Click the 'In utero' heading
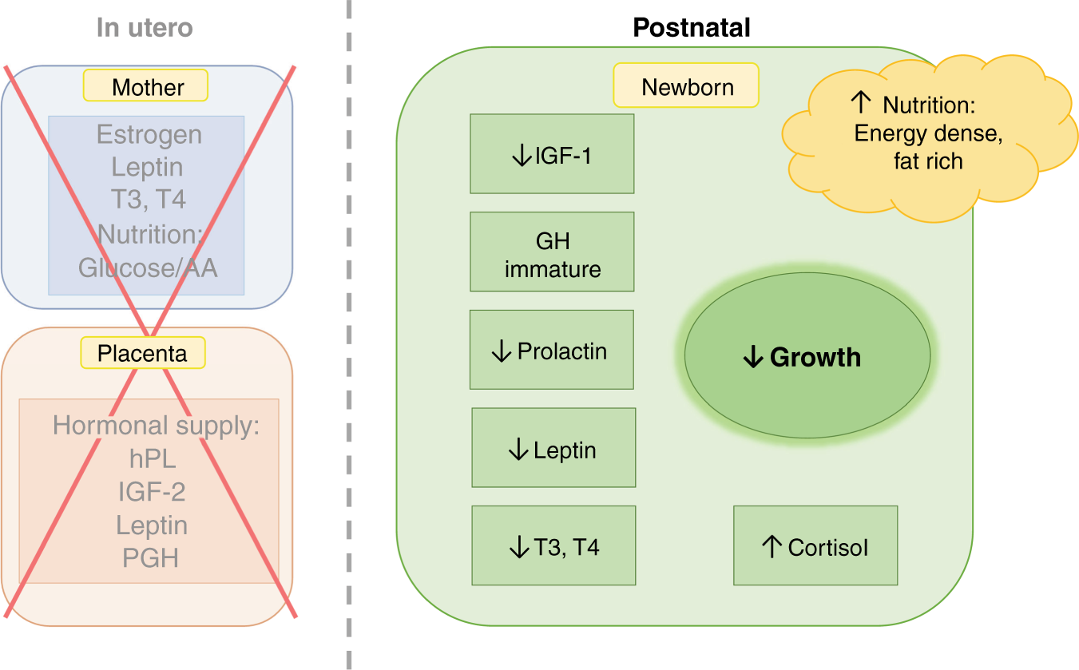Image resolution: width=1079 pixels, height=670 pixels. click(x=145, y=28)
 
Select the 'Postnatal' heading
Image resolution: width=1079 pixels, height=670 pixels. click(x=691, y=28)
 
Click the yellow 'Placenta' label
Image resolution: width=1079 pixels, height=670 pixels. click(x=143, y=352)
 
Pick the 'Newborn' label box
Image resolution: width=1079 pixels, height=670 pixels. click(x=686, y=86)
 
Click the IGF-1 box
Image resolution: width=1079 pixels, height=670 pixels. click(x=552, y=154)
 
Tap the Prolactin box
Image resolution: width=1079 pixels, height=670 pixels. click(x=552, y=351)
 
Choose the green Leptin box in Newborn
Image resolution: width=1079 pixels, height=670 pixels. click(x=553, y=449)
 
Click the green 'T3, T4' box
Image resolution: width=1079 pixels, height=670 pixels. click(x=553, y=546)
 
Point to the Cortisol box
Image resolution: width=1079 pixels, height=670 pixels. click(x=815, y=546)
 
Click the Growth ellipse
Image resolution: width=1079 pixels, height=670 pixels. click(x=807, y=356)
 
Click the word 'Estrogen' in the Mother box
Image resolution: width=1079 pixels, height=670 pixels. click(x=149, y=134)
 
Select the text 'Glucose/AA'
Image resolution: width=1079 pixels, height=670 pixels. click(x=148, y=267)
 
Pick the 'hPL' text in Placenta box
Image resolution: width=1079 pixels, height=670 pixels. click(x=152, y=458)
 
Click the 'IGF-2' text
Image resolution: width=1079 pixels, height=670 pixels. click(x=152, y=492)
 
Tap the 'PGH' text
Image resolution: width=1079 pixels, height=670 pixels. click(x=150, y=557)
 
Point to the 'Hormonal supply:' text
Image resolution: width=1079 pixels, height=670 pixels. click(x=157, y=425)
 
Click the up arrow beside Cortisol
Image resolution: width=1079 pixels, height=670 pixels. click(x=771, y=546)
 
